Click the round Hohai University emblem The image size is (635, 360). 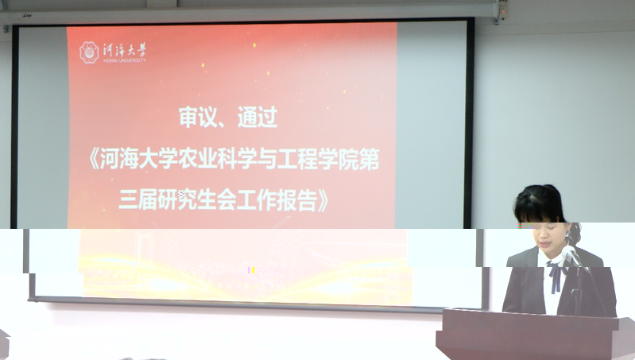pos(89,52)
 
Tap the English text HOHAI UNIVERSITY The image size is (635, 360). pos(124,60)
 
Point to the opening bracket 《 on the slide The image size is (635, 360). pos(94,159)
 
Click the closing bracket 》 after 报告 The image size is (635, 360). pos(323,201)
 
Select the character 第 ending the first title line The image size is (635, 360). pos(370,159)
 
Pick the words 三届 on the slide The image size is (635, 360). pos(137,201)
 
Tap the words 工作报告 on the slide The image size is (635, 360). pos(277,201)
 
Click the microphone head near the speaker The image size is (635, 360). pos(569,253)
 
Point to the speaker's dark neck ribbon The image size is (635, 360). pos(556,277)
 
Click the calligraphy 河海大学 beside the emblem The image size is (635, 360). pos(124,51)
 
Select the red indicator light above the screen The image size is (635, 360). pos(503,12)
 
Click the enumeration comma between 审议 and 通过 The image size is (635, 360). pos(224,124)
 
